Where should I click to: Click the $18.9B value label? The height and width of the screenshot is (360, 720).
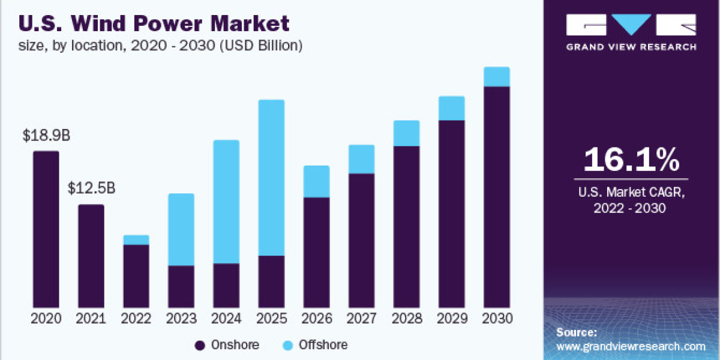click(x=46, y=136)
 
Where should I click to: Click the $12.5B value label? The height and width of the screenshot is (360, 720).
click(x=91, y=190)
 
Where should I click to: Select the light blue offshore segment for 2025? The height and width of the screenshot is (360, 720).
click(x=271, y=178)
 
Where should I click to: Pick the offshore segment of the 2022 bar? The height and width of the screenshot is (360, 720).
click(x=136, y=240)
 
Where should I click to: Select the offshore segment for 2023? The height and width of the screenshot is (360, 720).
click(x=181, y=229)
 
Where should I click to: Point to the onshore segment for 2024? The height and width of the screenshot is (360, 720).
click(x=226, y=285)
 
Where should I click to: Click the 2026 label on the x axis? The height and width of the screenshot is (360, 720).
click(x=316, y=319)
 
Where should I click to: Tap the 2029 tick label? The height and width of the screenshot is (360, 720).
click(x=451, y=319)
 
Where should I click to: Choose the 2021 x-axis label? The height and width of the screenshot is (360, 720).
click(x=91, y=319)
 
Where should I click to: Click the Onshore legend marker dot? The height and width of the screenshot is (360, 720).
click(x=200, y=345)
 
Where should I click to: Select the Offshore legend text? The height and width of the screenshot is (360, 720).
click(x=323, y=345)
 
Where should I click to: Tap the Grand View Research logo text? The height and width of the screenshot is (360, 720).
click(x=631, y=47)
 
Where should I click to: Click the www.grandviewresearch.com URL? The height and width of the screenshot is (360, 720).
click(x=631, y=346)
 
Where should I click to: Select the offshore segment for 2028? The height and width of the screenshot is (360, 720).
click(x=406, y=133)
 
